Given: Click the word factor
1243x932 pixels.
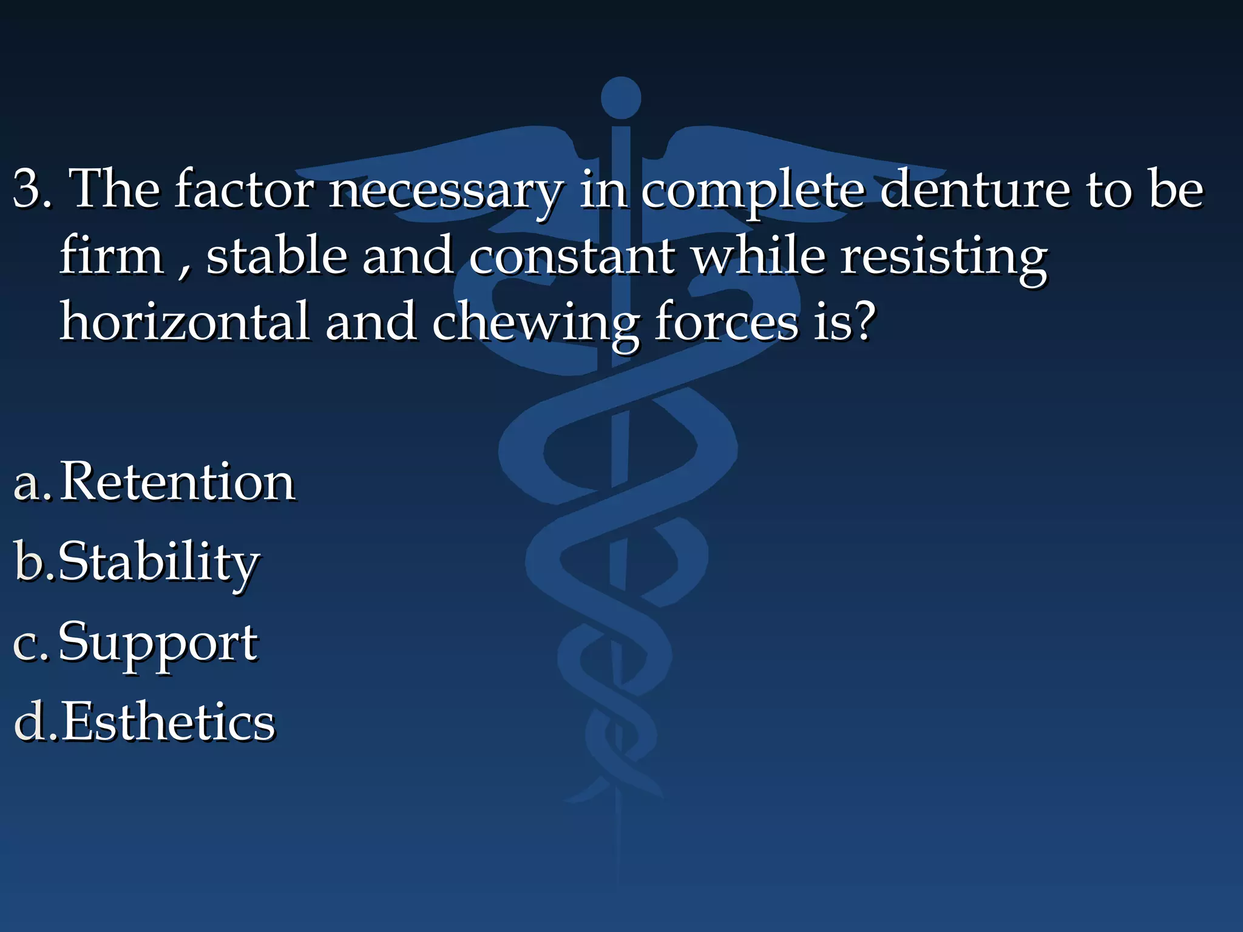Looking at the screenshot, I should [x=244, y=189].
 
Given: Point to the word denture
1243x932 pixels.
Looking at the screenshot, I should [x=974, y=189].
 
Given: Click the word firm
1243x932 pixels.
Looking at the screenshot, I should [x=112, y=255].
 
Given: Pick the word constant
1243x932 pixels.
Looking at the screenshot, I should [x=571, y=255].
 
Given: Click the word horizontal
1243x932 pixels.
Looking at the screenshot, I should [x=185, y=322].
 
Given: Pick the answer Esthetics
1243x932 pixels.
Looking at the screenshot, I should [x=169, y=721].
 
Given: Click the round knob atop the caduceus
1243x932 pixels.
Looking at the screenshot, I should [x=620, y=98].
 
